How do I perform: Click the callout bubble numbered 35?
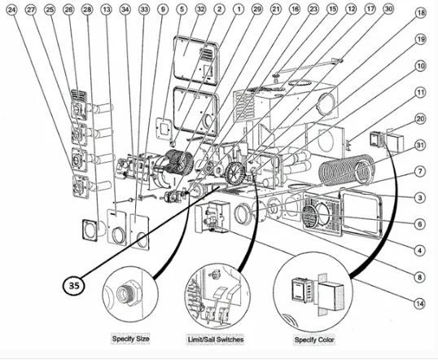(x=73, y=285)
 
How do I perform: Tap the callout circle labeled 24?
(x=11, y=10)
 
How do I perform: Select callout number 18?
(x=421, y=13)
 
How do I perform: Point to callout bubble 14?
(x=420, y=304)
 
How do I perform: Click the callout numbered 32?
(x=200, y=10)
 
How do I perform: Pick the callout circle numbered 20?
(x=420, y=119)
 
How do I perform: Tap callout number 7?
(x=420, y=171)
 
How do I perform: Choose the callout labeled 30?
(x=388, y=9)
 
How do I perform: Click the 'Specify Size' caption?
(x=130, y=339)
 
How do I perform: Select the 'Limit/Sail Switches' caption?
(x=216, y=340)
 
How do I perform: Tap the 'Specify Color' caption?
(x=314, y=340)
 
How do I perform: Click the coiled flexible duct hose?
(x=347, y=169)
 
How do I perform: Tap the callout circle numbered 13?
(x=106, y=10)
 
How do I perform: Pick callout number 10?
(x=420, y=66)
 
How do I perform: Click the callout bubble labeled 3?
(x=420, y=198)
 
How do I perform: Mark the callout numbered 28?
(x=87, y=10)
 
